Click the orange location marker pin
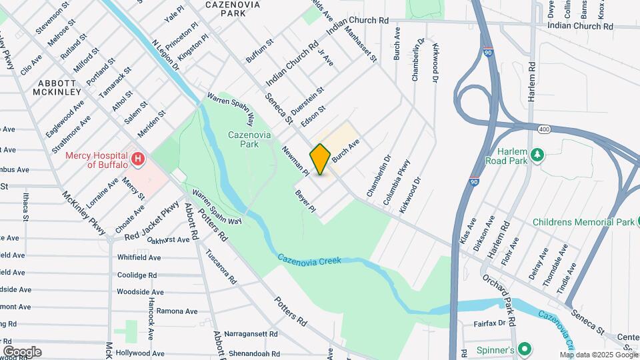point(320,159)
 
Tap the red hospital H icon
point(138,159)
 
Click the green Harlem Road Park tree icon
point(537,155)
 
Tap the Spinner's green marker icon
point(525,349)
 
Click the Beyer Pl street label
point(305,201)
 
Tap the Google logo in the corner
point(22,352)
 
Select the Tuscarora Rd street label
point(221,267)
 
